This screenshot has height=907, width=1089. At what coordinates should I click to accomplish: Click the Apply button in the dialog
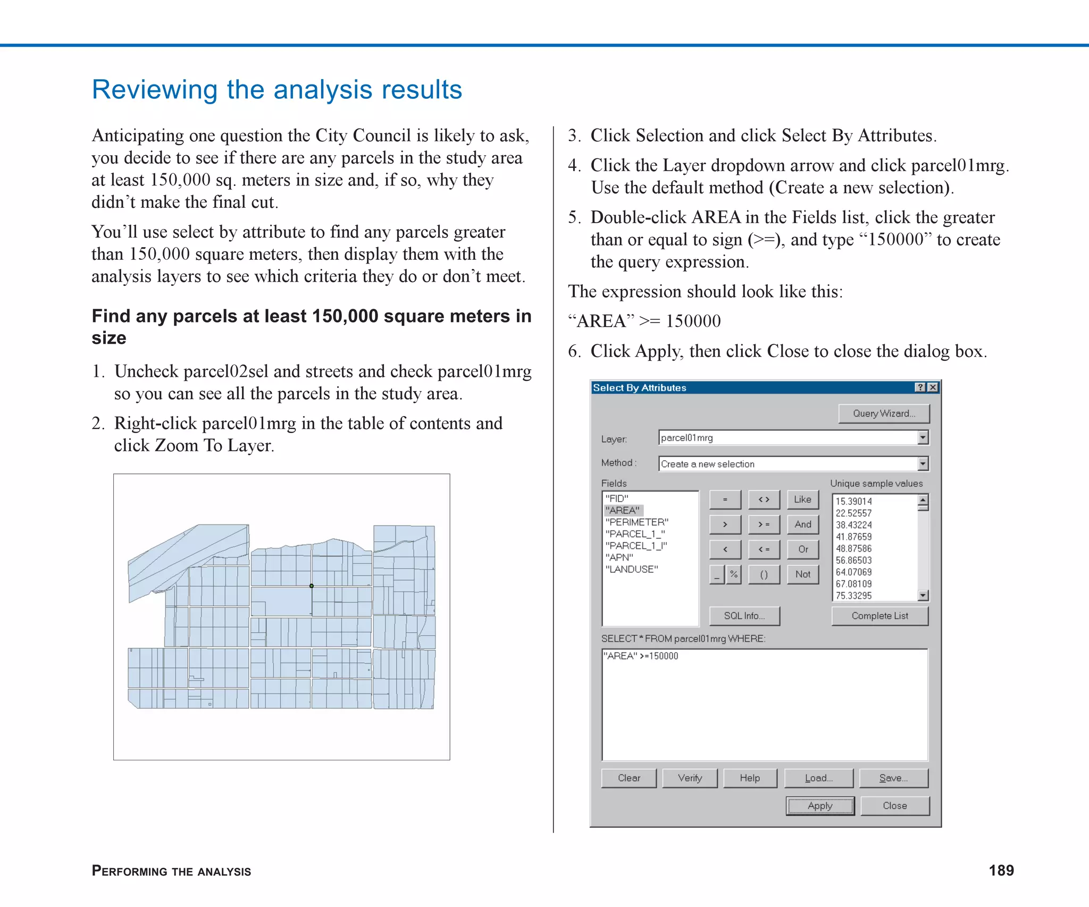pos(819,806)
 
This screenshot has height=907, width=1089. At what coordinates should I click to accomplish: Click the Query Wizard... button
pos(883,413)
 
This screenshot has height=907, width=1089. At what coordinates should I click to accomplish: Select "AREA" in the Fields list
pos(623,510)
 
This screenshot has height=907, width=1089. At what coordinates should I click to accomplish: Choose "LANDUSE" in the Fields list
pos(631,569)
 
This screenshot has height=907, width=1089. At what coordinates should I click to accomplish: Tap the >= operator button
pos(764,524)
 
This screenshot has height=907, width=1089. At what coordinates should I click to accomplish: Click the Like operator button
pos(802,499)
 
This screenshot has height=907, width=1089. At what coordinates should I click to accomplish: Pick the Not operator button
pos(802,574)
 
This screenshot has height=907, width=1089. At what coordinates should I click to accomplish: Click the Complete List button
pos(879,616)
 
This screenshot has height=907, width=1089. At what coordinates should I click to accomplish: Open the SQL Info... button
pos(744,616)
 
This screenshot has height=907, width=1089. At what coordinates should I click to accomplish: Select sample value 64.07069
pos(853,572)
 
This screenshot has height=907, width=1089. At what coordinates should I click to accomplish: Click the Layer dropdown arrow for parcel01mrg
pos(923,437)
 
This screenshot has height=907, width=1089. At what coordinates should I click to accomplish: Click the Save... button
pos(893,778)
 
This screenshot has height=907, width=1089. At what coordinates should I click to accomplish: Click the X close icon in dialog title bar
pos(933,387)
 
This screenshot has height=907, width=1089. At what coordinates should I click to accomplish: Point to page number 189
pos(1001,870)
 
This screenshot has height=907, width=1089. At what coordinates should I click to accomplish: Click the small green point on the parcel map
pos(312,586)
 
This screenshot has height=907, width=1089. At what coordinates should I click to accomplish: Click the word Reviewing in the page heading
pos(155,90)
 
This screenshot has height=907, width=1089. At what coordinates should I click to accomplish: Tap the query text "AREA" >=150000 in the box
pos(641,656)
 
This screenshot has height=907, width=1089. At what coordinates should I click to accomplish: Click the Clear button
pos(629,778)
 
